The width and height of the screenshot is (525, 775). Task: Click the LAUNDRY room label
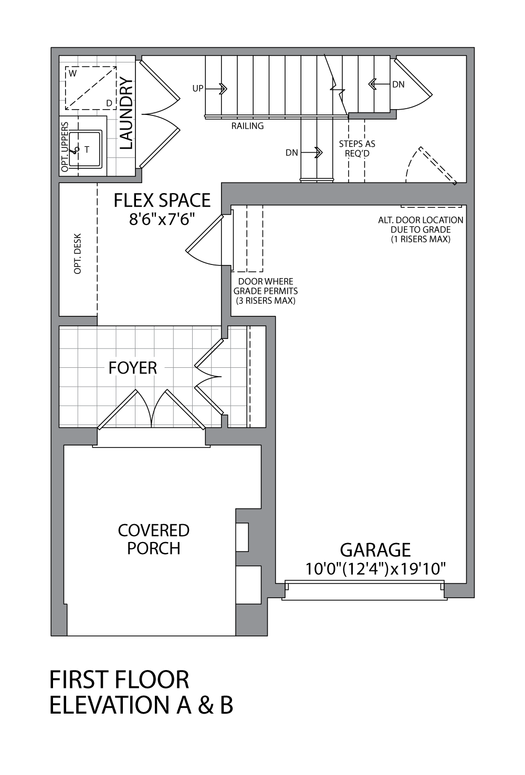coord(127,113)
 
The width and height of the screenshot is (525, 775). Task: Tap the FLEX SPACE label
coord(162,200)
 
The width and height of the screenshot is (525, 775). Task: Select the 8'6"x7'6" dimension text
coord(162,219)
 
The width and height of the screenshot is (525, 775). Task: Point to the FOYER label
coord(133,368)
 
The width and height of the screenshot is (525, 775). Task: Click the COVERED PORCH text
coord(153,539)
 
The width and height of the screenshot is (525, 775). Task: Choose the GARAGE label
coord(375,550)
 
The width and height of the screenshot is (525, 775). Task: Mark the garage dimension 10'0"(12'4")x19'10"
coord(375,569)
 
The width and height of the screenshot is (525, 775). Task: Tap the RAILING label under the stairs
coord(247,126)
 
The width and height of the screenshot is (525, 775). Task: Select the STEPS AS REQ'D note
coord(357,148)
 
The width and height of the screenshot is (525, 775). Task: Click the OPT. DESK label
coord(78,253)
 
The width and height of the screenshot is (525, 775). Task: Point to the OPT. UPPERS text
coord(65,147)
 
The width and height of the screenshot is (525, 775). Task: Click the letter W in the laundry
coord(72,74)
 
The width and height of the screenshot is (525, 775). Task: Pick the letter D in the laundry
coord(109,103)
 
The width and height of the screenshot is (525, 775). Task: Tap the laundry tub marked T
coord(87,150)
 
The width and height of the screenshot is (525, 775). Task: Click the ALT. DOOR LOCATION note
coord(421,229)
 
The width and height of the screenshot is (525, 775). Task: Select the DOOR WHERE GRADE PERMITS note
coord(266,291)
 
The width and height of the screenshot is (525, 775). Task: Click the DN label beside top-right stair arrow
coord(398,84)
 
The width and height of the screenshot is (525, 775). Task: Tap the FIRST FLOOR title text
coord(119,680)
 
